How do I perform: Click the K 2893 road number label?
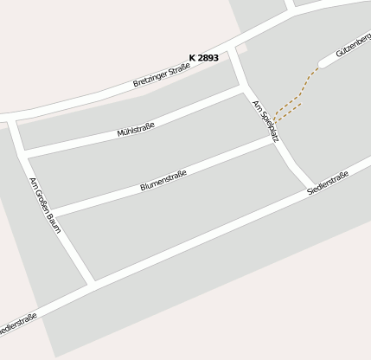203,58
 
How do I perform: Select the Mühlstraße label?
136,131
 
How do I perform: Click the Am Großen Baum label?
42,200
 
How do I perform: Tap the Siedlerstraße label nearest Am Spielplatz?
328,183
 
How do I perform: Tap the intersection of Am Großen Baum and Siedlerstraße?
89,283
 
